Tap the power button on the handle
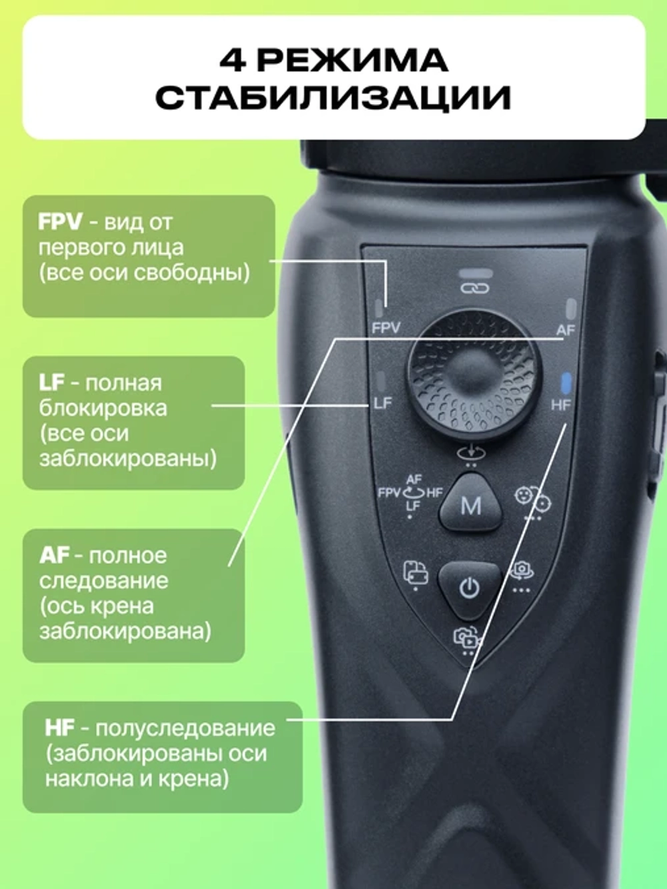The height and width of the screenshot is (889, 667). tap(470, 588)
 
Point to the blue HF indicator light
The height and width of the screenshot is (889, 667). tap(566, 383)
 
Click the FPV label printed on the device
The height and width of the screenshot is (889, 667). tap(386, 327)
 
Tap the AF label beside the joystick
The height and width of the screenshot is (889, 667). tap(566, 330)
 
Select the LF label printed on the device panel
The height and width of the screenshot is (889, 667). tap(383, 403)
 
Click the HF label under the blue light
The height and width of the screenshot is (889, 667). tap(561, 405)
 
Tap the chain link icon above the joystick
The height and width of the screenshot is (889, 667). tap(475, 288)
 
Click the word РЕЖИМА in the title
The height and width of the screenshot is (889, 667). tap(352, 61)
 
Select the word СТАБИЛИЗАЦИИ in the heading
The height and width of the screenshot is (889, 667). tap(333, 97)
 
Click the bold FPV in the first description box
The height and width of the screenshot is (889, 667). tap(60, 222)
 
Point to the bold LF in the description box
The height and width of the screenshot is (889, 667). tap(52, 383)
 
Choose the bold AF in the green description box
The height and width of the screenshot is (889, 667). tap(54, 556)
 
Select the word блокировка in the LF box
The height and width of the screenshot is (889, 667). tap(103, 408)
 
